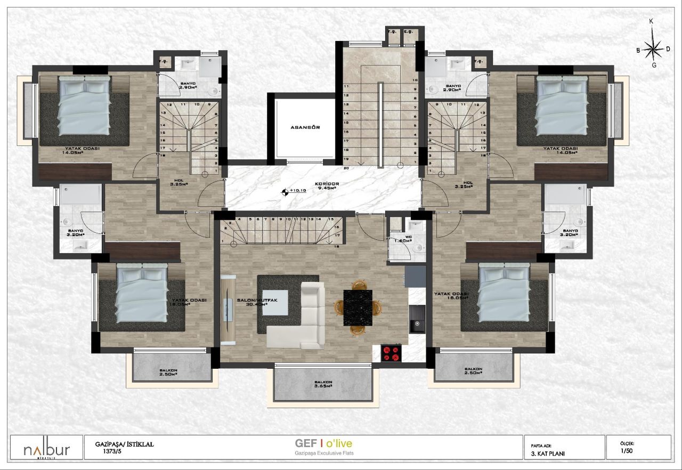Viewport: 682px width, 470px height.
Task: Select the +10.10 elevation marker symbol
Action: coord(286,192)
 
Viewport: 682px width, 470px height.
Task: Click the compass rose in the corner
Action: coord(652,49)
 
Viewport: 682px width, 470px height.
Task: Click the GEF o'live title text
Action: coord(323,443)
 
